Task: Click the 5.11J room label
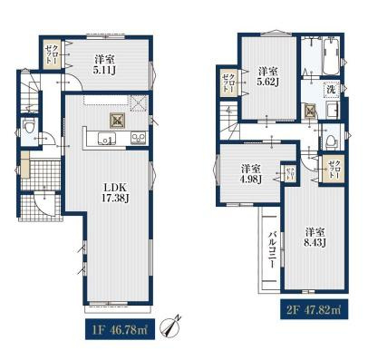(x=105, y=64)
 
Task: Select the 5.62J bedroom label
(x=268, y=76)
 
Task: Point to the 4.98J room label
(x=251, y=174)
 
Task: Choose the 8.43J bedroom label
(x=315, y=238)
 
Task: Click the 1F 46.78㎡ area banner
(x=121, y=329)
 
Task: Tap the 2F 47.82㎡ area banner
(x=315, y=309)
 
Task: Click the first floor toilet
(x=30, y=126)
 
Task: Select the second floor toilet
(x=331, y=141)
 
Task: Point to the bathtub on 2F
(x=332, y=56)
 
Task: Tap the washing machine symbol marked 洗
(x=332, y=90)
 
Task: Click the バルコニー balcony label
(x=272, y=248)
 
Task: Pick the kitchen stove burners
(x=139, y=138)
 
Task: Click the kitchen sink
(x=107, y=139)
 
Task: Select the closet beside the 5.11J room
(x=52, y=55)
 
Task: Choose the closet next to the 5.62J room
(x=228, y=82)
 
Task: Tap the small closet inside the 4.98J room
(x=290, y=173)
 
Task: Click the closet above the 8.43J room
(x=333, y=170)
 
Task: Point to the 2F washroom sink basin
(x=334, y=111)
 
